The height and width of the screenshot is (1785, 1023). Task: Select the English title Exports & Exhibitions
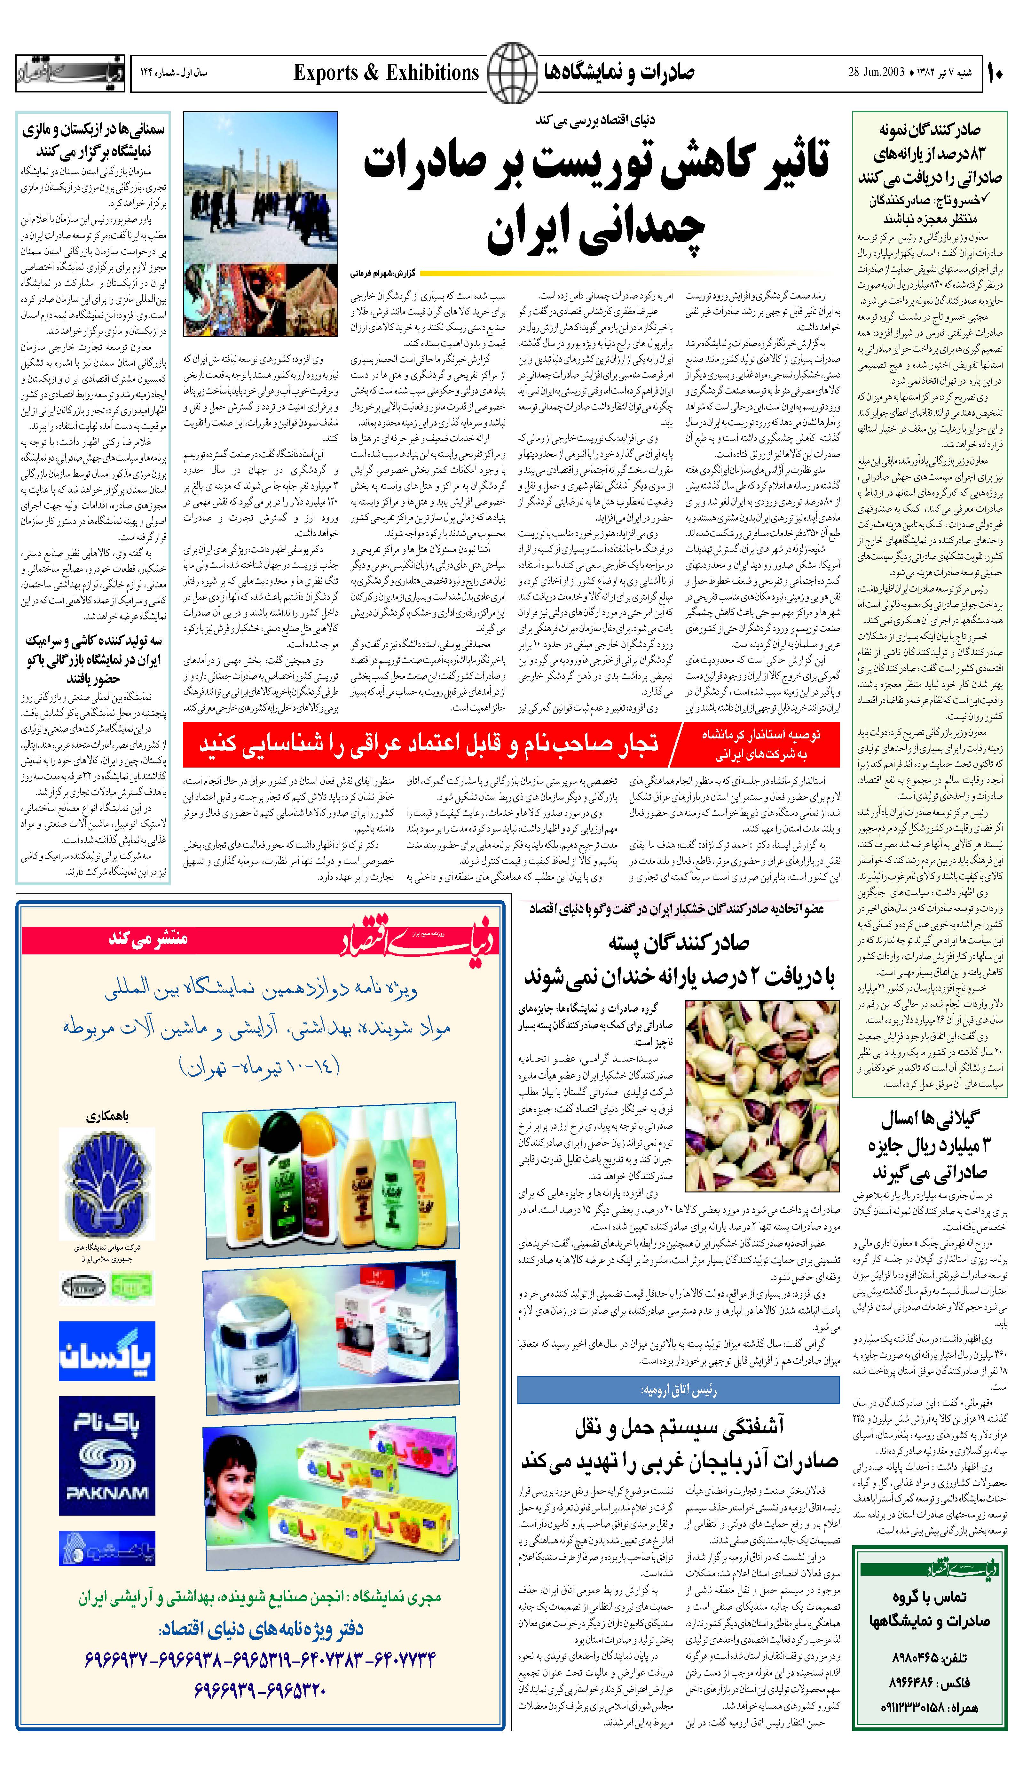pos(386,72)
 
